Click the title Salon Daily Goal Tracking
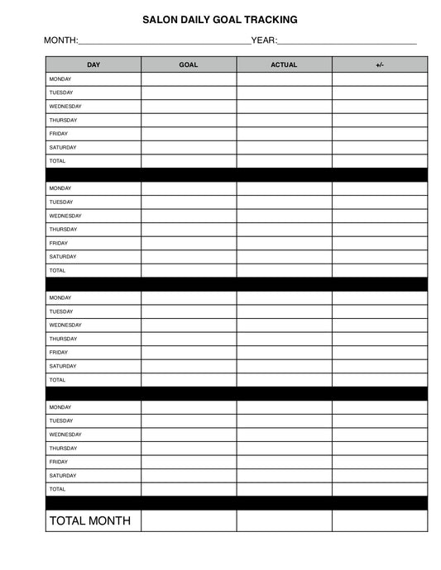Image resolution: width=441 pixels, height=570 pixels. [220, 19]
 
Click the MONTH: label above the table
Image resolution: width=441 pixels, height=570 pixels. [61, 40]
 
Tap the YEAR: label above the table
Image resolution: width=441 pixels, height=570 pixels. [264, 40]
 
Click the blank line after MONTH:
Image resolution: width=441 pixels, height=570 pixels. [165, 42]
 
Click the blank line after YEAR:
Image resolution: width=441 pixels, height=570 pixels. [348, 42]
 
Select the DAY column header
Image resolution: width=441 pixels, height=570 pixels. [93, 64]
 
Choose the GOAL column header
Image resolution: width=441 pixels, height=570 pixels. [189, 64]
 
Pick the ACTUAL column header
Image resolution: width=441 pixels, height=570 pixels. [284, 64]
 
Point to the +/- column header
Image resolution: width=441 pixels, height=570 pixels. [380, 64]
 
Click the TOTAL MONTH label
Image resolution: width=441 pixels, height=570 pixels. [89, 520]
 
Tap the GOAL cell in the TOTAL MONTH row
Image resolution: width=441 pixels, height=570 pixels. [189, 520]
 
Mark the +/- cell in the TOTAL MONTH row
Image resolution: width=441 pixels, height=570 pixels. [380, 520]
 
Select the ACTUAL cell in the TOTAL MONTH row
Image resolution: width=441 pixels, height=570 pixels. [284, 520]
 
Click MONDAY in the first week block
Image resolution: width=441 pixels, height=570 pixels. [60, 78]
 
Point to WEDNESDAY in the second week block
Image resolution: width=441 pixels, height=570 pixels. [65, 216]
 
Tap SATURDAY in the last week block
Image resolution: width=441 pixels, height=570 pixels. [63, 476]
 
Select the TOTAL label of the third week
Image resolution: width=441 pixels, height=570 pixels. [57, 380]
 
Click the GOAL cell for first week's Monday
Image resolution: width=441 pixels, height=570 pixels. [189, 78]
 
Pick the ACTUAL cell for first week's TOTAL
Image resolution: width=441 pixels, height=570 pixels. [284, 161]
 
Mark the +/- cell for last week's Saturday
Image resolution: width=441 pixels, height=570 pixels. [380, 476]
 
